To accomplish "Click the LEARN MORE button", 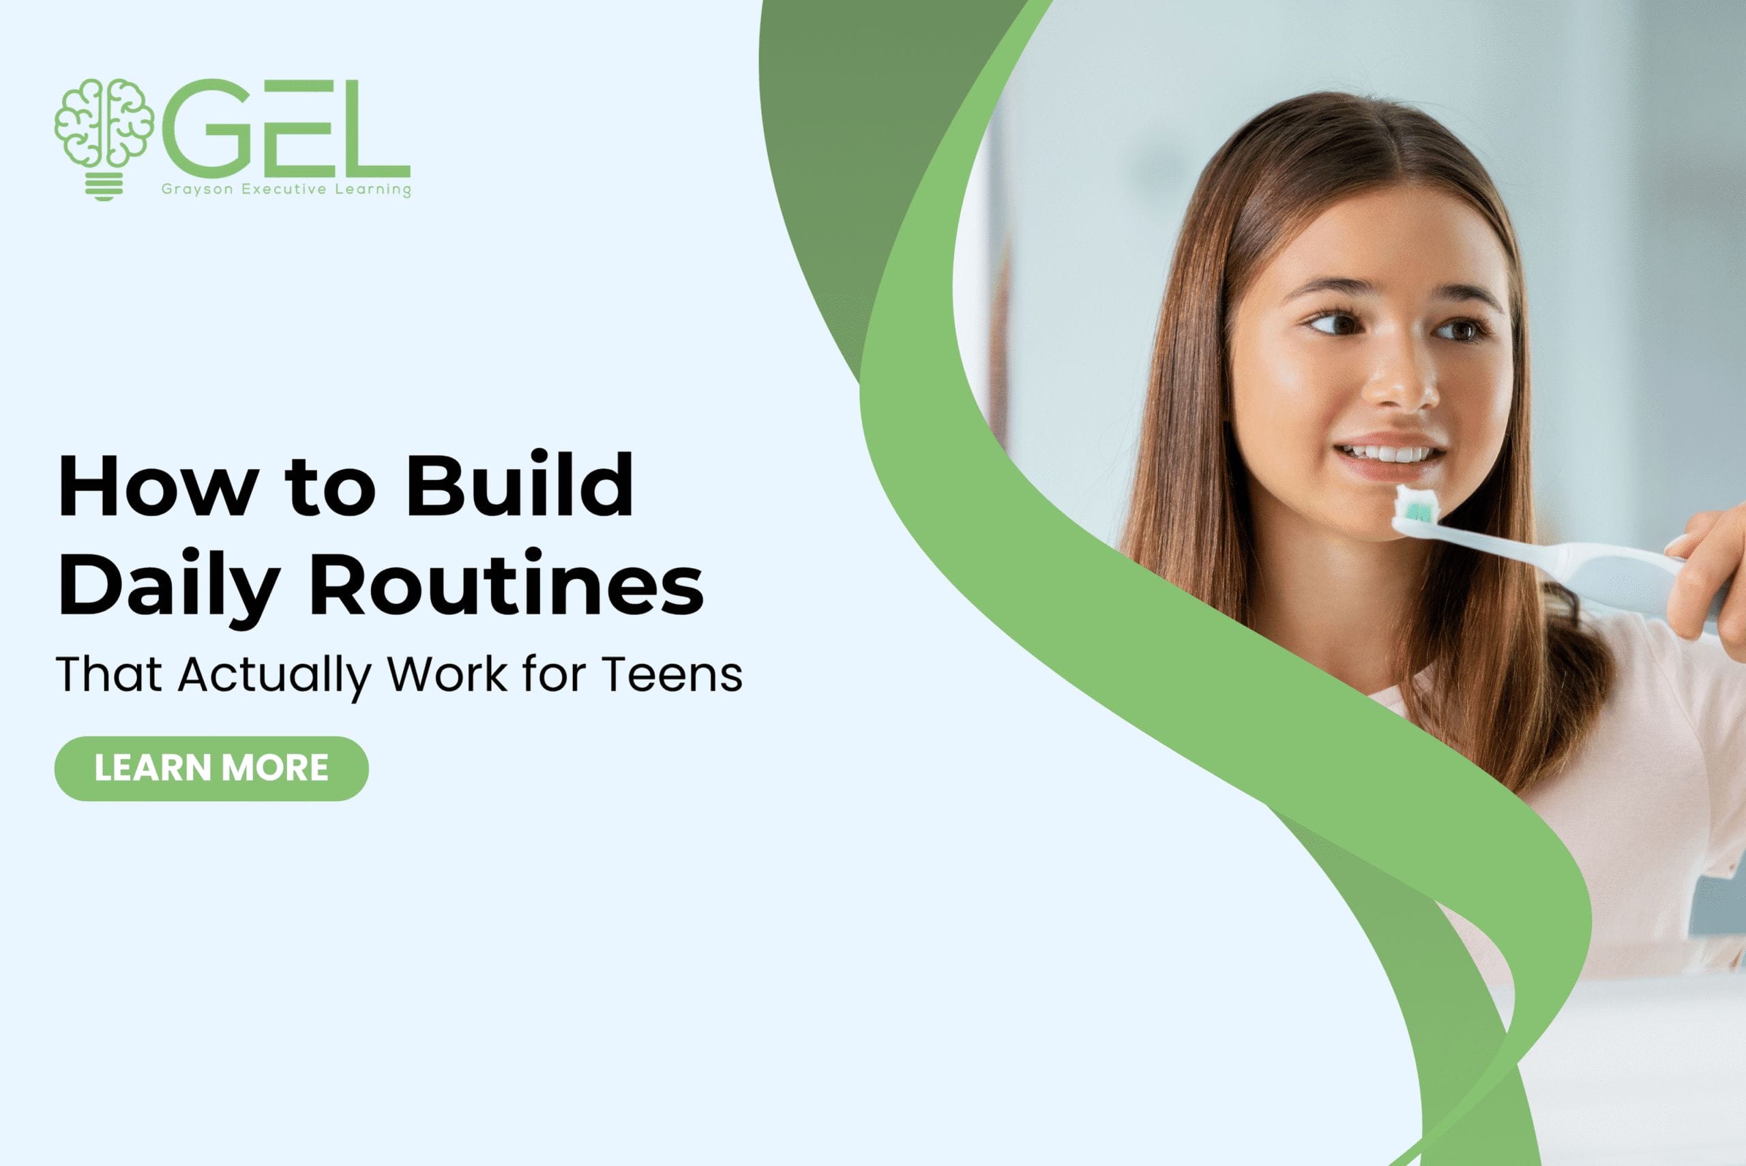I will (211, 768).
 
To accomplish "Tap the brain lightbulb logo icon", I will (104, 138).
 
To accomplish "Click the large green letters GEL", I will (286, 126).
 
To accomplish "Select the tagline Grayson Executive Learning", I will (286, 189).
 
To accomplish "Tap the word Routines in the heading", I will (506, 585).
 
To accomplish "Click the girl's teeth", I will (1391, 453).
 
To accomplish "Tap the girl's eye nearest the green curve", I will (1339, 324).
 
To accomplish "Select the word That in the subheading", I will (108, 674).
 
